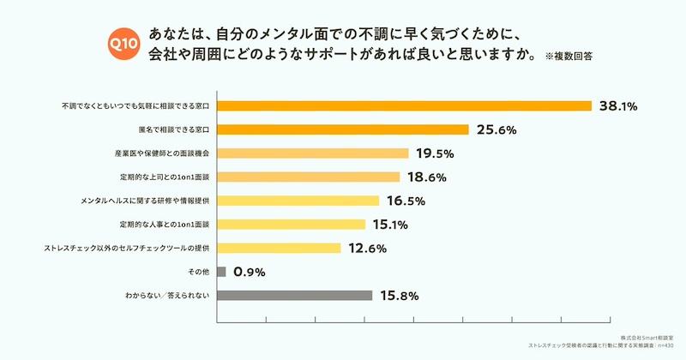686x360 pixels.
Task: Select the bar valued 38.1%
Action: pyautogui.click(x=405, y=106)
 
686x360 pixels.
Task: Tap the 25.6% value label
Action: pyautogui.click(x=496, y=130)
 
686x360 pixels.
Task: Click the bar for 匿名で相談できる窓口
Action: pyautogui.click(x=343, y=130)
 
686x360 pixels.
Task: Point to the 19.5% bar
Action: pyautogui.click(x=313, y=153)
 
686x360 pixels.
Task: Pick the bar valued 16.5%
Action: pyautogui.click(x=298, y=201)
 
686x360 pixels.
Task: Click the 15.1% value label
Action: pyautogui.click(x=394, y=225)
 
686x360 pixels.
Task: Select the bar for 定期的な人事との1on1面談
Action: pyautogui.click(x=292, y=225)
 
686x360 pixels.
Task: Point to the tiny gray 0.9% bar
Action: pyautogui.click(x=221, y=272)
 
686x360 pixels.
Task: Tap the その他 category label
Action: pyautogui.click(x=199, y=272)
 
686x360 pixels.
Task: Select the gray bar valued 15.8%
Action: pyautogui.click(x=295, y=296)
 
